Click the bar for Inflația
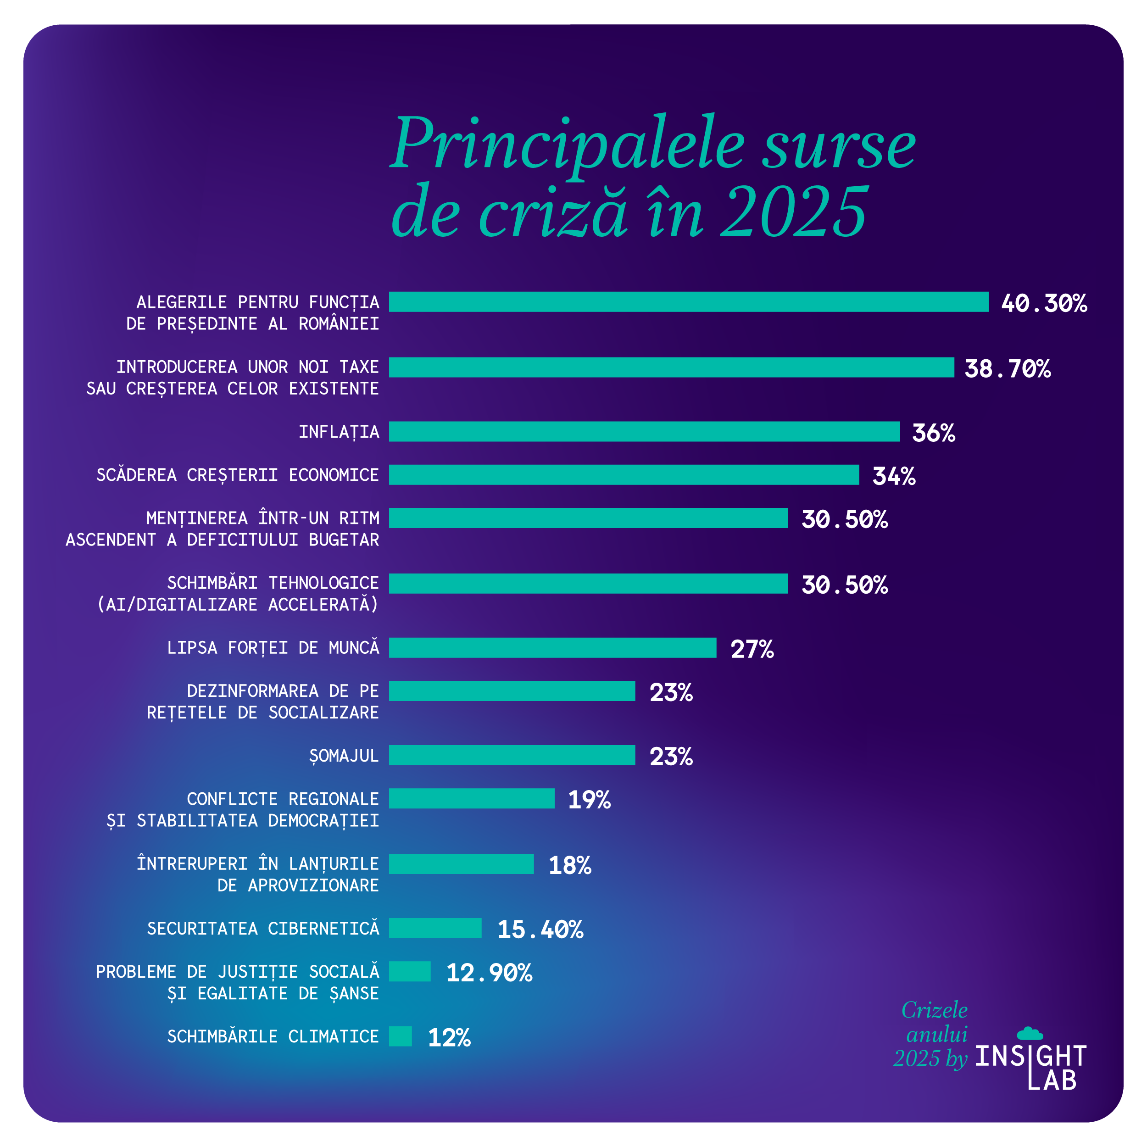(644, 432)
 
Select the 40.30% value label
(1043, 303)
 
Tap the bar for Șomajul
(512, 755)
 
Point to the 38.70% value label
(1007, 369)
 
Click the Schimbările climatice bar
(400, 1036)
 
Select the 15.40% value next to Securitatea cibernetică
(540, 930)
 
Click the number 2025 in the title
(794, 212)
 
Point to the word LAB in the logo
(1052, 1080)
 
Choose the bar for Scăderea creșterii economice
(624, 475)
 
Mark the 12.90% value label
(489, 973)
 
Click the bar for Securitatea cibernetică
(434, 928)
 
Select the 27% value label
(752, 649)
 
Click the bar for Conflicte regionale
(471, 798)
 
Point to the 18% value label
(569, 865)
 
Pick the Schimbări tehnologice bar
(588, 583)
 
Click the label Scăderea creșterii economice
(238, 475)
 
